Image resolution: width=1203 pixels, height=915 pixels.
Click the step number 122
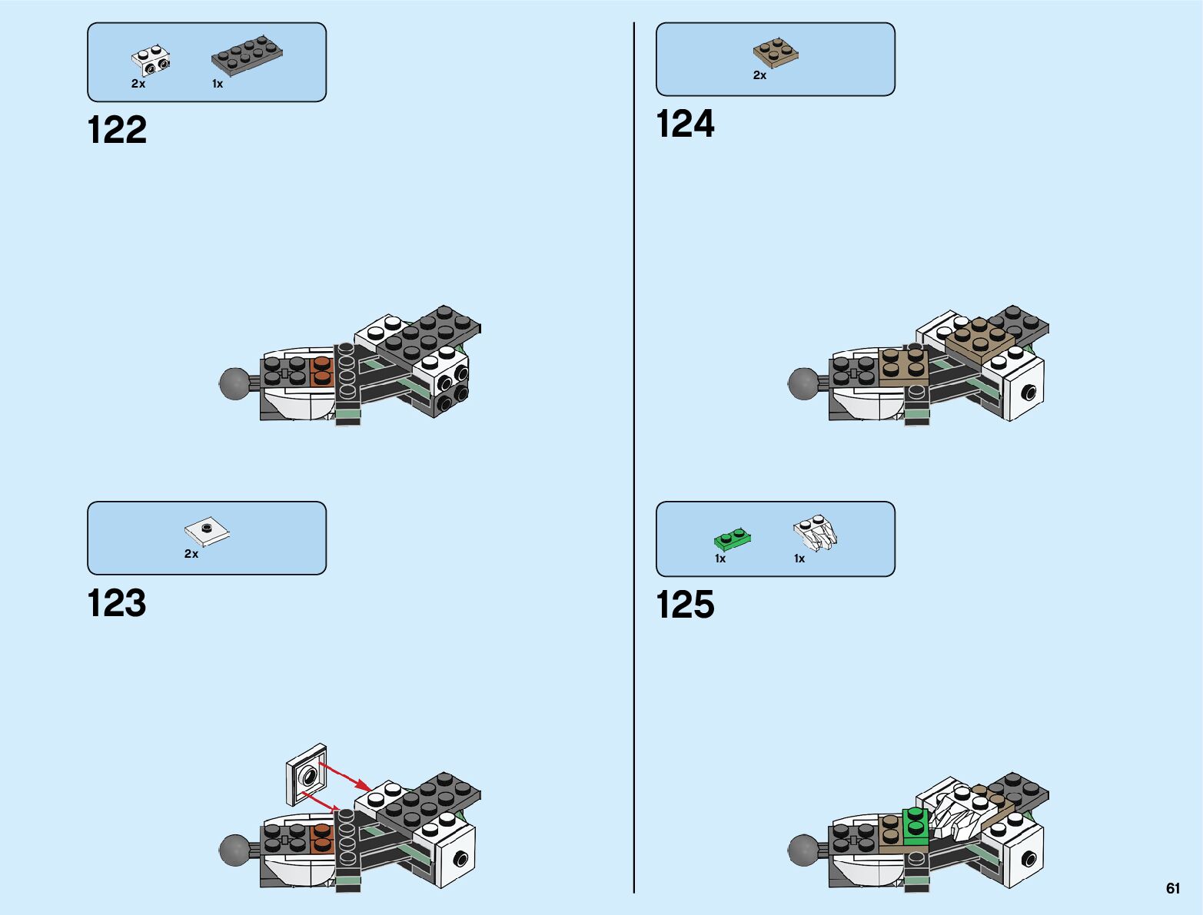117,130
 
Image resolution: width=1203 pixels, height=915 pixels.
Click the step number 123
117,603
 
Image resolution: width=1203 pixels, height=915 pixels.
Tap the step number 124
685,124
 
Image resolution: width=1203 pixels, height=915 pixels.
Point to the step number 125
685,605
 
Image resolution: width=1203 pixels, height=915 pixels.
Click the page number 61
1172,888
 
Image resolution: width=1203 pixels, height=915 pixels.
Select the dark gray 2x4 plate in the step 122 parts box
247,55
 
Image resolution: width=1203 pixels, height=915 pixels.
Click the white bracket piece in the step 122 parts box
151,61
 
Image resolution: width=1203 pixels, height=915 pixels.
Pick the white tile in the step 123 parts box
207,529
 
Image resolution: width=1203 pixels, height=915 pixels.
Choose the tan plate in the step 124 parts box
776,52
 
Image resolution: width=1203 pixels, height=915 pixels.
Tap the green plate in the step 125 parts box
732,538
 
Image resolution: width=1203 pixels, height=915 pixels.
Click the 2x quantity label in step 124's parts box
759,75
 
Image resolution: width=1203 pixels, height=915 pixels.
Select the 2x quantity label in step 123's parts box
191,554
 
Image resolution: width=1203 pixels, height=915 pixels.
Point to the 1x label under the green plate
720,559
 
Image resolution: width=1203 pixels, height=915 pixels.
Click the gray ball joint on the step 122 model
235,383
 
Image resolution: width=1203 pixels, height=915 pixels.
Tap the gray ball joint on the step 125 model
803,850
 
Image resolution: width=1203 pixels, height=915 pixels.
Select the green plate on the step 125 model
915,827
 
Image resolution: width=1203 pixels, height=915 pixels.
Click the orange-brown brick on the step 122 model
321,370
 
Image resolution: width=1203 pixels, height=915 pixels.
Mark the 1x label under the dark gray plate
218,84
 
